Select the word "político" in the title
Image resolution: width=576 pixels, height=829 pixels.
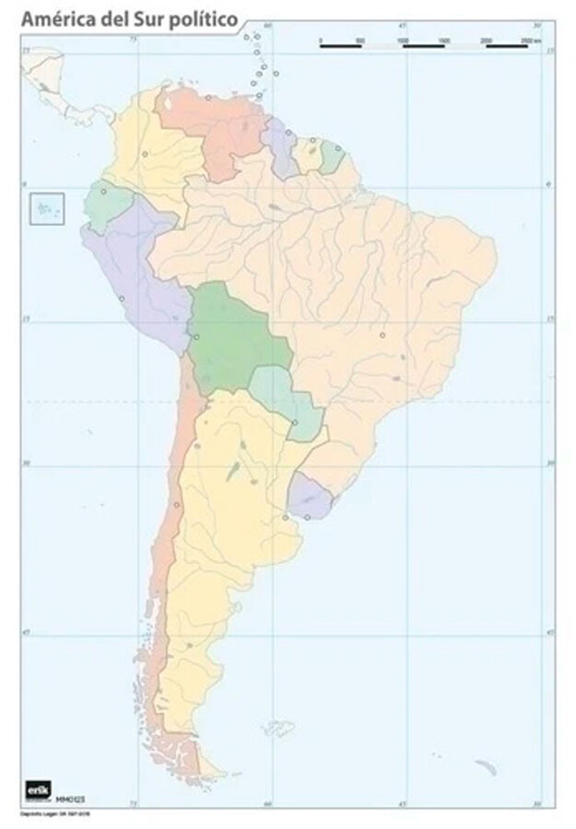point(201,18)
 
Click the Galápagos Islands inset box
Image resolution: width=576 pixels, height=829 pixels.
point(47,207)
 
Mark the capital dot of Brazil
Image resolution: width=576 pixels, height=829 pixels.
point(382,334)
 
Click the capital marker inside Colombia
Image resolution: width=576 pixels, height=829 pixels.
point(145,153)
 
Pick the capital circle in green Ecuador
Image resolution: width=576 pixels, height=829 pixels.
point(103,192)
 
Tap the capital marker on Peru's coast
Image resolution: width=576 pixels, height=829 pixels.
point(121,298)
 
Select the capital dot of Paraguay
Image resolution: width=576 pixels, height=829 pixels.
point(295,423)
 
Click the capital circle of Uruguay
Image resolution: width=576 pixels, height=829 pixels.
point(307,517)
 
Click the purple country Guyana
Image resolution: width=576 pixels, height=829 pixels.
point(280,147)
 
